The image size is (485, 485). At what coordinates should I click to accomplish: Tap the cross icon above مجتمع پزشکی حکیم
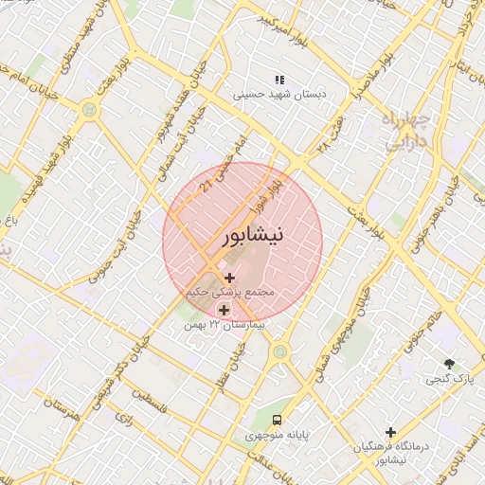point(229,278)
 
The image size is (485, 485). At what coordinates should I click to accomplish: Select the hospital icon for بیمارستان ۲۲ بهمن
point(224,309)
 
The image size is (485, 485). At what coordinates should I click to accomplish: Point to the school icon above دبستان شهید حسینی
point(279,79)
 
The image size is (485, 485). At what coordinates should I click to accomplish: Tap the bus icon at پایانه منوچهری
point(276,419)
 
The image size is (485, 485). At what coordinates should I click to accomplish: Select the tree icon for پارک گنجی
point(449,364)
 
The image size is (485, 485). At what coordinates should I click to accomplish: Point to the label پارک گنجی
point(449,379)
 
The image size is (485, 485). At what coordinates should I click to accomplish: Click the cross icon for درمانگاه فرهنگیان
point(390,431)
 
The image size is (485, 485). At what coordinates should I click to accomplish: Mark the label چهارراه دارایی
point(410,130)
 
